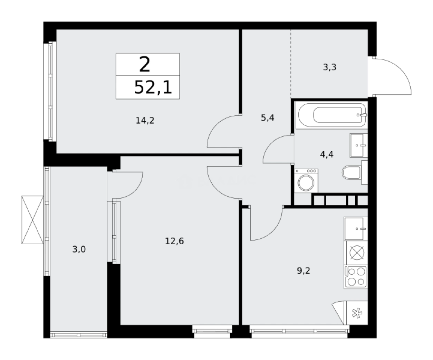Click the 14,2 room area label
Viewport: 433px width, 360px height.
point(145,121)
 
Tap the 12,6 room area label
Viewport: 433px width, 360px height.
point(174,241)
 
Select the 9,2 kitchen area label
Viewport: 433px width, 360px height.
point(304,270)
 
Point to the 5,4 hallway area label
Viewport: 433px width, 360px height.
point(268,118)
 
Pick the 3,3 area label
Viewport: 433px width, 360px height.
point(329,67)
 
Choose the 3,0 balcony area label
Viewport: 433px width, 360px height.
point(79,249)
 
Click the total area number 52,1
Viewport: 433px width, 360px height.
point(153,88)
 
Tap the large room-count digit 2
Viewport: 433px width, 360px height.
point(145,65)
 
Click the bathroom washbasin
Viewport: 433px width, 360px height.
point(359,145)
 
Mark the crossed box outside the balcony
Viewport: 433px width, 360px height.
point(32,220)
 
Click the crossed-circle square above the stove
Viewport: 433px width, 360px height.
point(356,253)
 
